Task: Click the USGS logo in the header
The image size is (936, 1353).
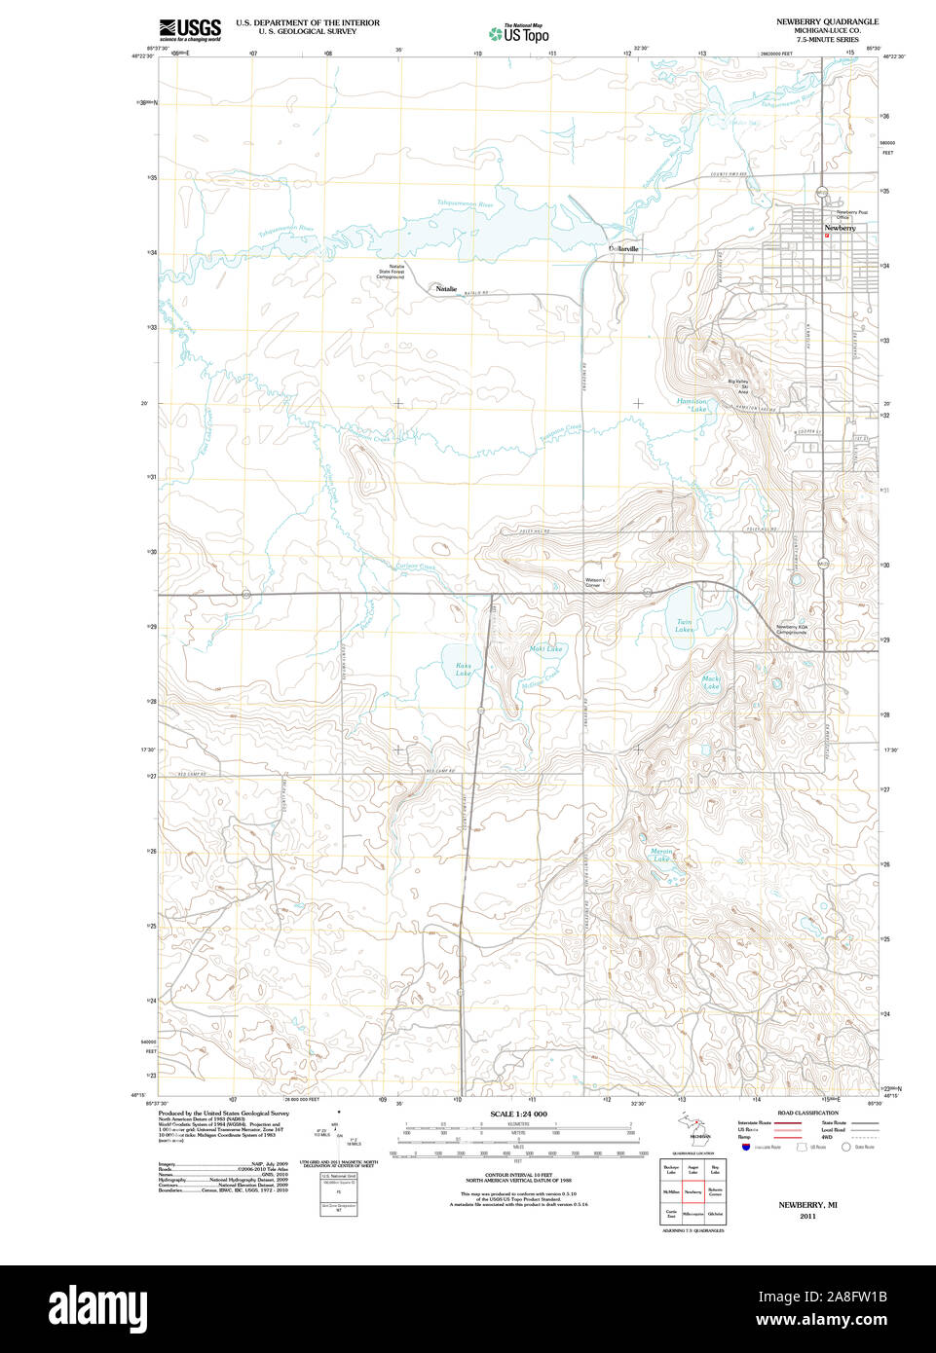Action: tap(190, 29)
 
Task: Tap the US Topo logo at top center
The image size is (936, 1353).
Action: tap(518, 34)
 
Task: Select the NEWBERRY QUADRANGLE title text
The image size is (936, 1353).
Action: tap(827, 21)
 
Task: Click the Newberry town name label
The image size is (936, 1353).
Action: tap(840, 228)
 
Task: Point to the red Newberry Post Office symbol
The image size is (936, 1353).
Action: tap(827, 235)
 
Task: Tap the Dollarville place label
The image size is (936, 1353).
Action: tap(623, 249)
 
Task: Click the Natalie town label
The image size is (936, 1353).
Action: tap(446, 289)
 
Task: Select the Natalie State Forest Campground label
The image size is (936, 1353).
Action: tap(391, 272)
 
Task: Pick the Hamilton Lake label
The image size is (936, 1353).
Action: tap(693, 405)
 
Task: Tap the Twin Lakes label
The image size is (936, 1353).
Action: tap(685, 626)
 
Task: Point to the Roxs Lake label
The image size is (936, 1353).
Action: tap(464, 670)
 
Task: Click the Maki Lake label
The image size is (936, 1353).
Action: tap(545, 648)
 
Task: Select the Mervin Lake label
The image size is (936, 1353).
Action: tap(661, 855)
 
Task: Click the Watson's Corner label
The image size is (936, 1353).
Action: tap(595, 581)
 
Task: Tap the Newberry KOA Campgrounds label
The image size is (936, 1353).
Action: tap(792, 630)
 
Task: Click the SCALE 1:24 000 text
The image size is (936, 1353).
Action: tap(518, 1114)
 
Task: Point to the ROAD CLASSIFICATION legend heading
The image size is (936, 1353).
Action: tap(807, 1113)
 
